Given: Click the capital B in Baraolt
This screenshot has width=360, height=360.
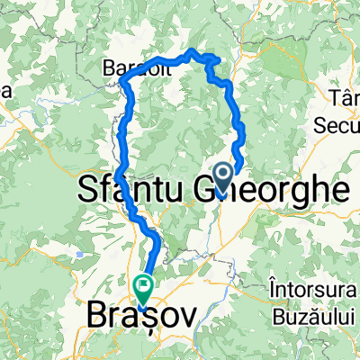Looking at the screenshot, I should [108, 67].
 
